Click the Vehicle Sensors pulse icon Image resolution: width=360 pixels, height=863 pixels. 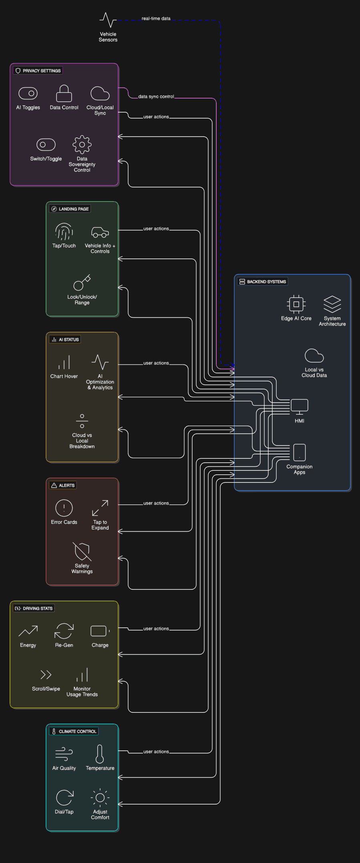click(x=108, y=20)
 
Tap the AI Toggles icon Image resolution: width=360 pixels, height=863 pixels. click(x=28, y=93)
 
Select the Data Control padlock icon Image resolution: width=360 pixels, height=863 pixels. click(x=64, y=93)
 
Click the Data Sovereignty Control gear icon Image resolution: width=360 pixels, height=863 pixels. click(x=82, y=145)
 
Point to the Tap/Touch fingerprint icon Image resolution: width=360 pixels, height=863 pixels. click(x=64, y=232)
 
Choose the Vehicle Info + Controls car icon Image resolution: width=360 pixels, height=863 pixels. click(x=100, y=232)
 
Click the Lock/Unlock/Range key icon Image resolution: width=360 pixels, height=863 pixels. click(x=82, y=282)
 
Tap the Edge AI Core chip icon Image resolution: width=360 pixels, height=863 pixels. click(x=296, y=304)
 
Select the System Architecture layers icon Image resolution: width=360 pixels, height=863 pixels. click(x=332, y=304)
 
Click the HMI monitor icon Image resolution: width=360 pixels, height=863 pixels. click(x=300, y=406)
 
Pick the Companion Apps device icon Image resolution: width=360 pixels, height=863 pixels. click(x=300, y=452)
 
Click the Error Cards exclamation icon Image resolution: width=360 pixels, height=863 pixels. click(x=64, y=508)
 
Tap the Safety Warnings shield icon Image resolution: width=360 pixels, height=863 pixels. click(x=82, y=552)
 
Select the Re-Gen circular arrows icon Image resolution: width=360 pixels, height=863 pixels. click(x=64, y=631)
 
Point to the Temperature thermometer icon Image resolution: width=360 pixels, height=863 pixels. click(x=100, y=754)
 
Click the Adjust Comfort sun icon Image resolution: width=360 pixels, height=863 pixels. click(x=100, y=798)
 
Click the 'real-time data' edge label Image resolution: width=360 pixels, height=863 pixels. click(x=156, y=18)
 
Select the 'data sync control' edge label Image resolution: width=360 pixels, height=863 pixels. click(x=156, y=97)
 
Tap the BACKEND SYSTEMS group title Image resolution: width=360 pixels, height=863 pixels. click(x=266, y=282)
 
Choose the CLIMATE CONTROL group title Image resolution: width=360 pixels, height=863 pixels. click(x=77, y=731)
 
